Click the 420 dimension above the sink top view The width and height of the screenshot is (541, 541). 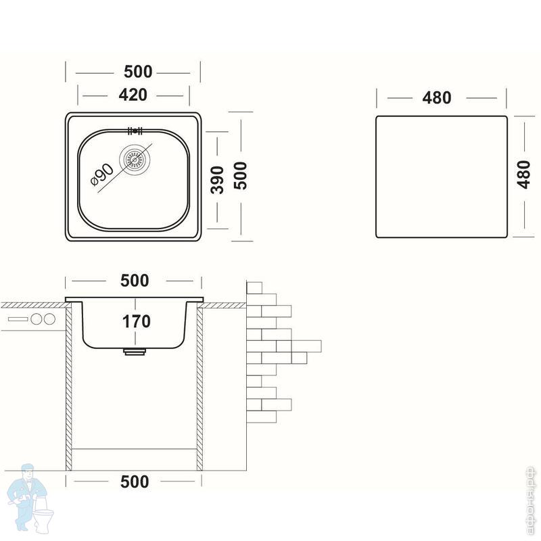(133, 95)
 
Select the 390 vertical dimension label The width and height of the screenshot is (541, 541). (217, 179)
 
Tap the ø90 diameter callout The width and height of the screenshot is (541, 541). (101, 178)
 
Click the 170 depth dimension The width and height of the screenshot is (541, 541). (137, 321)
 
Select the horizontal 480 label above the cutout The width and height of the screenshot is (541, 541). (437, 97)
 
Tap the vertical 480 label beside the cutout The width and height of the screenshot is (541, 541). (521, 177)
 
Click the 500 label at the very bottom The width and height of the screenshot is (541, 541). (135, 481)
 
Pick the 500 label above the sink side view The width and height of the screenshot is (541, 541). (134, 280)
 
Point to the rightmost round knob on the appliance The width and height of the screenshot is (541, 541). (49, 319)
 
